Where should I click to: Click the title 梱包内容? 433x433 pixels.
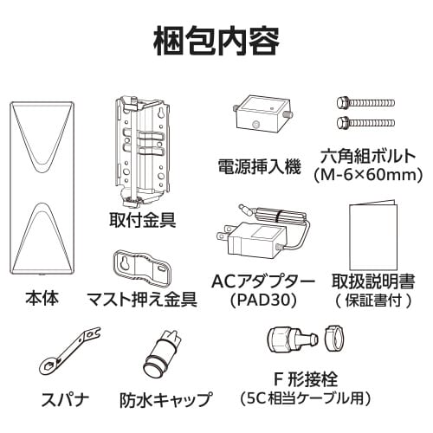point(216,42)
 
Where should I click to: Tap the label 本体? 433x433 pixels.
point(42,298)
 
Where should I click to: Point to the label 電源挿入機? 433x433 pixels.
point(260,167)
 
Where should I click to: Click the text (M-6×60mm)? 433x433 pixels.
point(368,174)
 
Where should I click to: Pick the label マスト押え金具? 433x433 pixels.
point(143,299)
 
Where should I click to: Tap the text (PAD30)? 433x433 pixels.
point(264,301)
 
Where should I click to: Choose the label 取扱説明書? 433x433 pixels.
point(373,281)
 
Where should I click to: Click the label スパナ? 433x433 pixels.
point(65,399)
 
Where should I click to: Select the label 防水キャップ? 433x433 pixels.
point(165,399)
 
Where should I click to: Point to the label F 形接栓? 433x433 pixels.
point(305,379)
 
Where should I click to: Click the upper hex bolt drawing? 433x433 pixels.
point(365,103)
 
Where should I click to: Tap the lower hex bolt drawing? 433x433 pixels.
point(365,123)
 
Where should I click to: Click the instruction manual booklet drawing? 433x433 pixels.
point(373,236)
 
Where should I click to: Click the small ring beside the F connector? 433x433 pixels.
point(335,339)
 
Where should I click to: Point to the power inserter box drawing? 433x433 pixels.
point(262,113)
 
